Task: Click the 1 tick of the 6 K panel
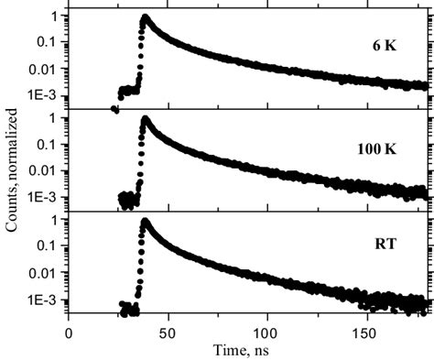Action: coord(59,16)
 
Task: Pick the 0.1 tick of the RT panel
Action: coord(53,247)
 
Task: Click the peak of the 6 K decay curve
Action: coord(145,17)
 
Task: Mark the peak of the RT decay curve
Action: coord(145,222)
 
